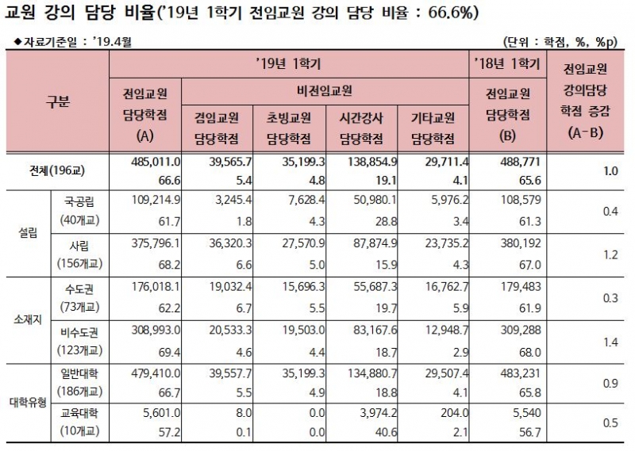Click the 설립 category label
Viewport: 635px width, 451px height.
(x=27, y=233)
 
